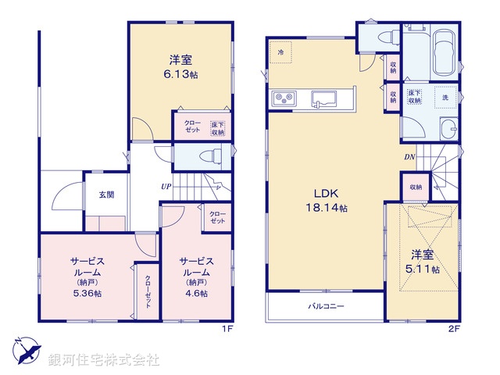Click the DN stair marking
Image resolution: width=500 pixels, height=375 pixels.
[x=409, y=157]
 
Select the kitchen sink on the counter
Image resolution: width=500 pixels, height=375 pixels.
[x=322, y=98]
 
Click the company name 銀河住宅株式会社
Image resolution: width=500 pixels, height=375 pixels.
[x=103, y=360]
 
